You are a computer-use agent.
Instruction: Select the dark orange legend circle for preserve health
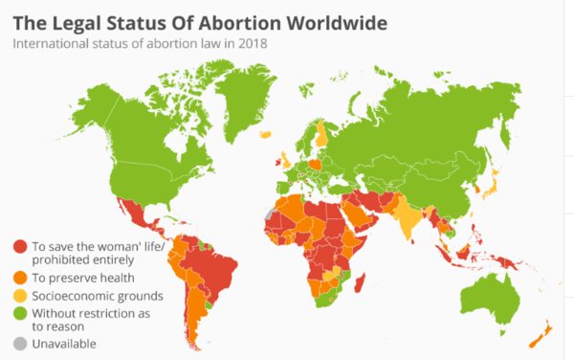tap(20, 278)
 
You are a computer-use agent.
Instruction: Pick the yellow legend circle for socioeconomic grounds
tap(20, 295)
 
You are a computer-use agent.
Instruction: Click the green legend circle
tap(20, 312)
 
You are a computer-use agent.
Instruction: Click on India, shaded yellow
tap(411, 216)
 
